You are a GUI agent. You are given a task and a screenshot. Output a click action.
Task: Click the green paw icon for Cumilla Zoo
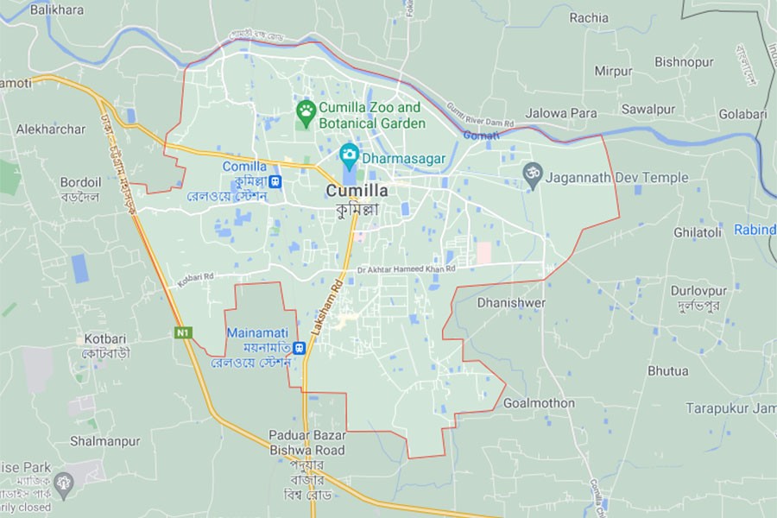[306, 110]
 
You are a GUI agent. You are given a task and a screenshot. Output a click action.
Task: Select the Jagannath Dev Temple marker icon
[532, 178]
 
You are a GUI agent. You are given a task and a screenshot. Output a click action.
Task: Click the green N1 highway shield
[183, 332]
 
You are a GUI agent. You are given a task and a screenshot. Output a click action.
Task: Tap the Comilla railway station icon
[275, 181]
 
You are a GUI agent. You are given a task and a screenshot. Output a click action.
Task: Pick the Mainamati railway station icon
[299, 348]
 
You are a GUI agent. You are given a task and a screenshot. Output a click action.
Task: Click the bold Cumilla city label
[357, 191]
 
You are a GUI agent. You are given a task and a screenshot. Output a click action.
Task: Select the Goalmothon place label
[539, 403]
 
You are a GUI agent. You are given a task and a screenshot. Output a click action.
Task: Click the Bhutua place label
[668, 371]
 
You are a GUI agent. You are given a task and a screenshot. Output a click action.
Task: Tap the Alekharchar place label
[51, 129]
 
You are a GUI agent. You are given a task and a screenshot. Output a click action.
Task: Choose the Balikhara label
[57, 9]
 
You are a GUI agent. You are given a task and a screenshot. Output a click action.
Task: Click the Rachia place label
[589, 17]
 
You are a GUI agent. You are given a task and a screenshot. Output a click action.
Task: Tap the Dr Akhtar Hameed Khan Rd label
[406, 269]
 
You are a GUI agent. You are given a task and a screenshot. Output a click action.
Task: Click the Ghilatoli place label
[697, 233]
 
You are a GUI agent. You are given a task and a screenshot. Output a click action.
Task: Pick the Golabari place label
[742, 114]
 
